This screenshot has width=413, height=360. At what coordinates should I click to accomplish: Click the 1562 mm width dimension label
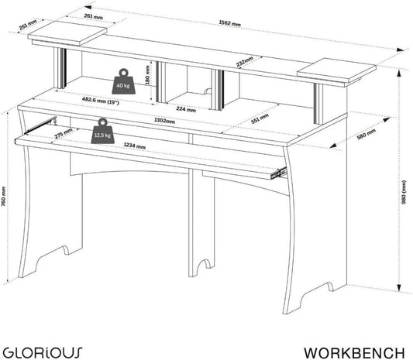pyautogui.click(x=229, y=23)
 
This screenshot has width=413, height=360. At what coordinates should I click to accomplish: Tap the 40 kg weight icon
pyautogui.click(x=123, y=81)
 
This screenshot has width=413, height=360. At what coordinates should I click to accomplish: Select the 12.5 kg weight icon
pyautogui.click(x=103, y=131)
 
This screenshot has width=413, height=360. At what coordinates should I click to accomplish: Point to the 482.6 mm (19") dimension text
pyautogui.click(x=101, y=101)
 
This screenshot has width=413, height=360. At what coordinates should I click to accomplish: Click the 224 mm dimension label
pyautogui.click(x=186, y=109)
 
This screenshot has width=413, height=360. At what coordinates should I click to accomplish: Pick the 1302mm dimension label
pyautogui.click(x=164, y=121)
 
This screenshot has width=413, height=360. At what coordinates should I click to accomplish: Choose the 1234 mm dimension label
pyautogui.click(x=134, y=146)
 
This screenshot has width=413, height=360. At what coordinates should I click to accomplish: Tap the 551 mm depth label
pyautogui.click(x=260, y=118)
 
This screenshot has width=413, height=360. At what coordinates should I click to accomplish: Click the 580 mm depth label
pyautogui.click(x=366, y=134)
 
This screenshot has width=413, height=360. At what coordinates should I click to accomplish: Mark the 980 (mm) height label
pyautogui.click(x=404, y=192)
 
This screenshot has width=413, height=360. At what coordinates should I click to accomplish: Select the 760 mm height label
pyautogui.click(x=3, y=197)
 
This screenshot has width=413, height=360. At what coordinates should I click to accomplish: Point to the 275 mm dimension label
pyautogui.click(x=64, y=133)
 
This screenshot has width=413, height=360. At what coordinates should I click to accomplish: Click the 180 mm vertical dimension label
pyautogui.click(x=147, y=75)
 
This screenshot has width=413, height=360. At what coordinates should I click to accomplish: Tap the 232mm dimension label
pyautogui.click(x=244, y=61)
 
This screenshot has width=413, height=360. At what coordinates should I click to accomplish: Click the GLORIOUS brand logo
pyautogui.click(x=43, y=352)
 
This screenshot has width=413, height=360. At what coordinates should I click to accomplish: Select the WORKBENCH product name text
pyautogui.click(x=354, y=352)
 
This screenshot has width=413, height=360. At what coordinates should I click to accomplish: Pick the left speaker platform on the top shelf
pyautogui.click(x=67, y=33)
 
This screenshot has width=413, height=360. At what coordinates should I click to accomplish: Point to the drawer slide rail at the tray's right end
pyautogui.click(x=278, y=173)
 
